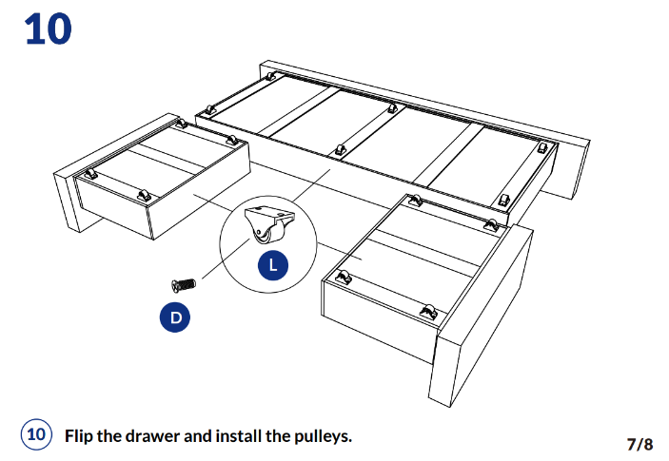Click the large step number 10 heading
tap(48, 29)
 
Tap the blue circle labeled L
tap(273, 265)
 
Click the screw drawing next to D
tap(183, 283)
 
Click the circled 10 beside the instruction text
tap(36, 435)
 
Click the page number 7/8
tap(639, 444)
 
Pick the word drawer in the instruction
tap(158, 436)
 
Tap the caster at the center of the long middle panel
tap(339, 150)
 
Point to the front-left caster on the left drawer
tap(92, 175)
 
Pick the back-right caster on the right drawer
tap(491, 224)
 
